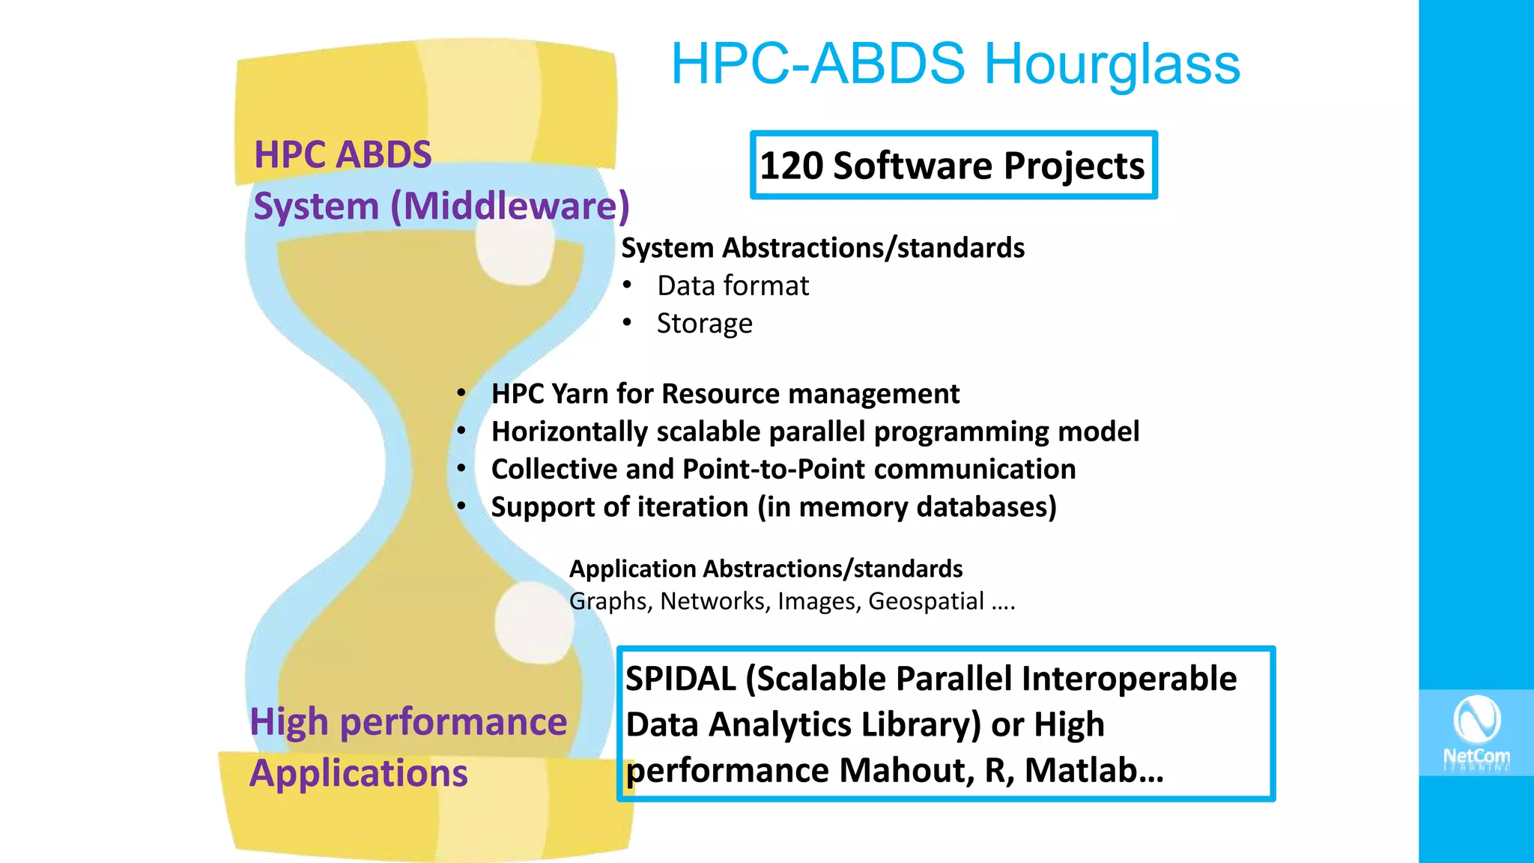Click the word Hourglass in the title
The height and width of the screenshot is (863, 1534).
(1112, 64)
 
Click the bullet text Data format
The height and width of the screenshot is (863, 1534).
(733, 285)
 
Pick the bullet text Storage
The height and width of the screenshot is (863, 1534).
(704, 324)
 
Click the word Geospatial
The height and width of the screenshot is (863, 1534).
(926, 602)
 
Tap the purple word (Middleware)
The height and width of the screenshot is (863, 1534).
(510, 206)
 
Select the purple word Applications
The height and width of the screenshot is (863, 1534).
(359, 773)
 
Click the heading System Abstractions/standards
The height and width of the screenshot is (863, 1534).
(822, 248)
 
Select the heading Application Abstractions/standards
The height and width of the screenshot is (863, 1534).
(766, 569)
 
